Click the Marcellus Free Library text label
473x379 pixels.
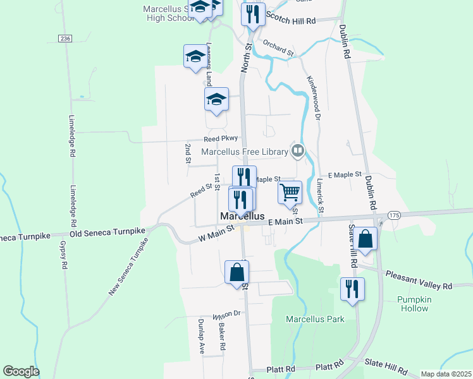pyautogui.click(x=245, y=151)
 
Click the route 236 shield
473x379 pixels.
pyautogui.click(x=64, y=39)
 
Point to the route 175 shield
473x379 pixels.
pyautogui.click(x=394, y=215)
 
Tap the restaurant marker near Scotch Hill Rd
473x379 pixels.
pyautogui.click(x=252, y=14)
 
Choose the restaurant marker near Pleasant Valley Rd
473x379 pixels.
pyautogui.click(x=352, y=289)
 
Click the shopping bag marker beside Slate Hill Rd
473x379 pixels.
pyautogui.click(x=365, y=239)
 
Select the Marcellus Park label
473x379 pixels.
pyautogui.click(x=315, y=319)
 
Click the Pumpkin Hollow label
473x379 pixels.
pyautogui.click(x=413, y=304)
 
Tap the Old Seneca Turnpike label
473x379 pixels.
pyautogui.click(x=108, y=232)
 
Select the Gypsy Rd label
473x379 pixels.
pyautogui.click(x=63, y=255)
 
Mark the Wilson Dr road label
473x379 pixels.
pyautogui.click(x=227, y=314)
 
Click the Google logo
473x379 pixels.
pyautogui.click(x=21, y=371)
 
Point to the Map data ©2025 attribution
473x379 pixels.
pyautogui.click(x=446, y=374)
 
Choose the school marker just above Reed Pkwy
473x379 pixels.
pyautogui.click(x=216, y=99)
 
